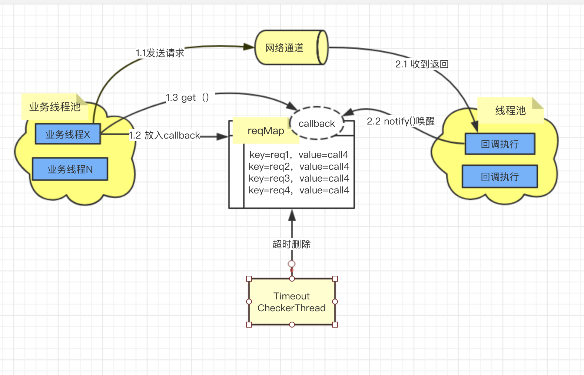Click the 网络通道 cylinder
click(x=291, y=47)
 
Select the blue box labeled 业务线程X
click(x=68, y=134)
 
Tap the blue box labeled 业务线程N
click(x=70, y=169)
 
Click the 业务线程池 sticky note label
click(x=55, y=107)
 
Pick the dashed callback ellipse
click(x=316, y=123)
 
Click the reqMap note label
click(x=266, y=130)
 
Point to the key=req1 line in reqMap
click(x=299, y=155)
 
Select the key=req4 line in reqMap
click(x=299, y=190)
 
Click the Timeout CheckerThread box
click(x=292, y=302)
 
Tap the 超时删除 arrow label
click(x=292, y=244)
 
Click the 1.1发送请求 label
click(x=160, y=53)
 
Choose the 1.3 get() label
click(x=187, y=97)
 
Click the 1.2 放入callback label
click(x=165, y=135)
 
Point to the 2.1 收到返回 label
click(x=422, y=64)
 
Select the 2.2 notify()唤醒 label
click(x=401, y=121)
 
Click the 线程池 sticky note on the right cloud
click(x=511, y=110)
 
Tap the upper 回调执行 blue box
click(x=500, y=144)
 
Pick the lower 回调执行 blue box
click(x=500, y=176)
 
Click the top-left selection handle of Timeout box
click(x=249, y=279)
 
